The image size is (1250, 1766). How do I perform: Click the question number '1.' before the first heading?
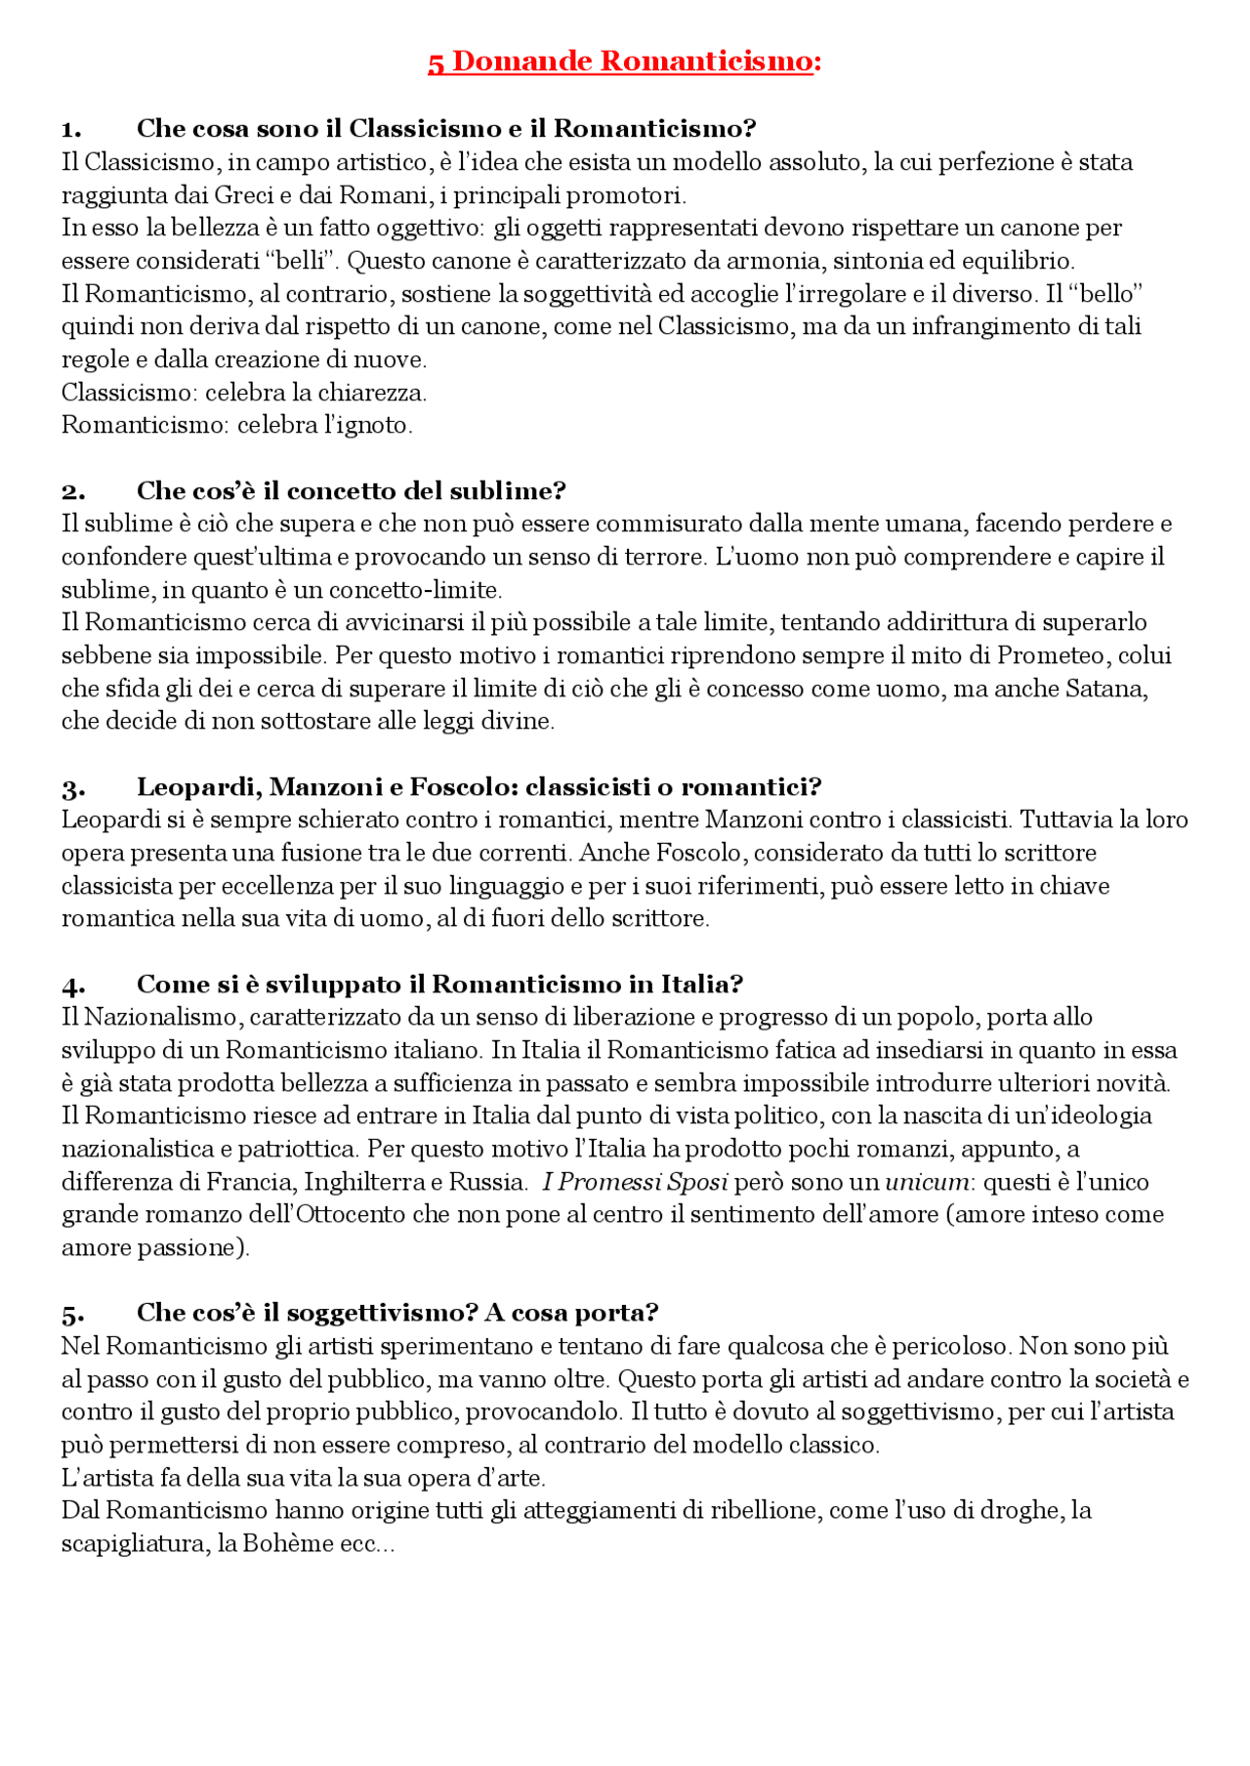71,129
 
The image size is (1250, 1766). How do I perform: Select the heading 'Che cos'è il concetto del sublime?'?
351,490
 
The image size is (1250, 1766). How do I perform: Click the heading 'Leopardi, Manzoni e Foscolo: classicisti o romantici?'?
479,787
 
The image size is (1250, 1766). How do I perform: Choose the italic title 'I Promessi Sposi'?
635,1182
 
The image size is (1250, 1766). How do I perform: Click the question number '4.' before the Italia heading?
73,985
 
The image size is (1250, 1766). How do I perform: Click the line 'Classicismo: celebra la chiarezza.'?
244,393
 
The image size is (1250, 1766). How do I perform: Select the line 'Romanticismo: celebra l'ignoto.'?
237,426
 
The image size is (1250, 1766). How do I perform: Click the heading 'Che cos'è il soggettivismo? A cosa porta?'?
397,1313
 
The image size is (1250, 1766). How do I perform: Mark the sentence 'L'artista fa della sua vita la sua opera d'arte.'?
303,1478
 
